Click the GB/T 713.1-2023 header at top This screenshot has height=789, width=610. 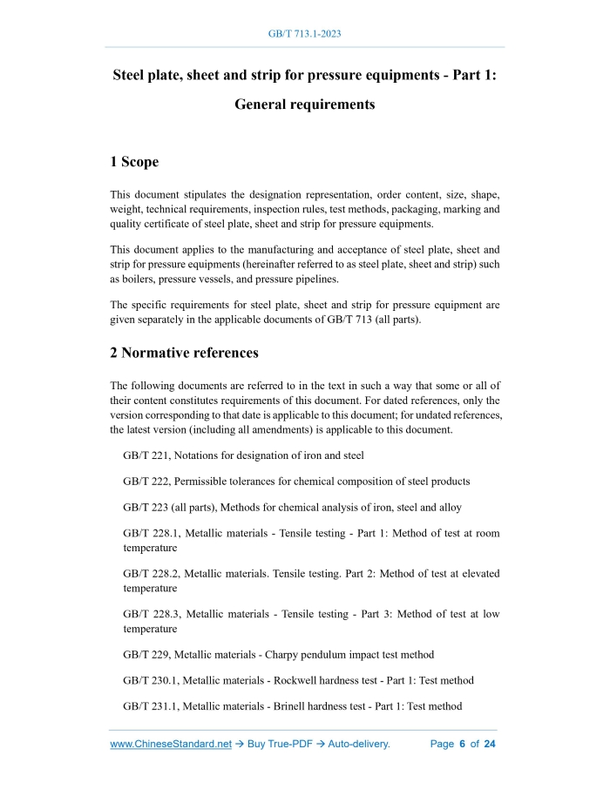click(x=304, y=34)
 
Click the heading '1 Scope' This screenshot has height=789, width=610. click(x=134, y=162)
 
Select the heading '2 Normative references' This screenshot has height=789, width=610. click(x=184, y=353)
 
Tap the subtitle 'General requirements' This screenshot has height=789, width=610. click(x=304, y=105)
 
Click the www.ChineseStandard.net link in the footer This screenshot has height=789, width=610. click(x=171, y=745)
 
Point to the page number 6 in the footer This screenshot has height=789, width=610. click(x=462, y=745)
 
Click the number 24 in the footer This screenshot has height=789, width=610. click(x=490, y=745)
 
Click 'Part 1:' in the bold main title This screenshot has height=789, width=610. click(x=473, y=75)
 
